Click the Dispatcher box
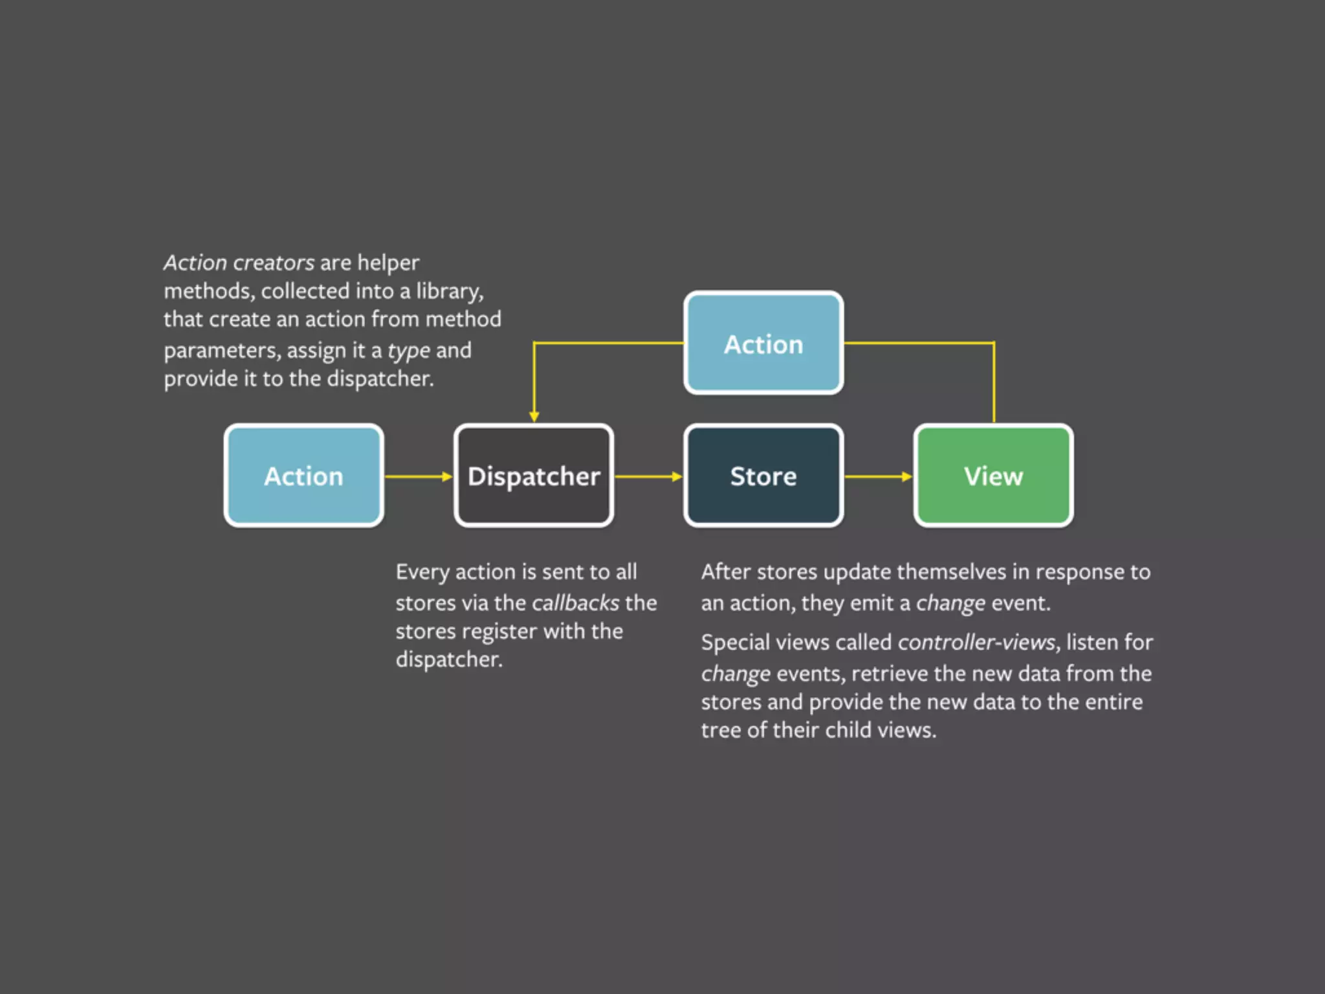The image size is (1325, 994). pyautogui.click(x=534, y=476)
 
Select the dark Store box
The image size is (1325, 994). pyautogui.click(x=763, y=476)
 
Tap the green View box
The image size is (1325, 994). pyautogui.click(x=994, y=476)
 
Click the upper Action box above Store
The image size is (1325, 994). pyautogui.click(x=763, y=343)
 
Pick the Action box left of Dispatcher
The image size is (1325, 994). pyautogui.click(x=303, y=476)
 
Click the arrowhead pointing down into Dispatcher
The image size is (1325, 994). pyautogui.click(x=534, y=417)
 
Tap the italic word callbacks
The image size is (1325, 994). pyautogui.click(x=576, y=603)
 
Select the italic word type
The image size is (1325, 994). pyautogui.click(x=409, y=351)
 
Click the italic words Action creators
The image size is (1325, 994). pyautogui.click(x=239, y=263)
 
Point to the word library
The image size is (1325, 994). pyautogui.click(x=449, y=291)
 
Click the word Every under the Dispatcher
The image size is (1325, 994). pyautogui.click(x=422, y=572)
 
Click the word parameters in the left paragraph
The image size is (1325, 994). pyautogui.click(x=222, y=351)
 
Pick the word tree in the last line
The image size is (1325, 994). pyautogui.click(x=721, y=730)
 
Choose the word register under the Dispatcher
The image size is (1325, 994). pyautogui.click(x=496, y=632)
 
